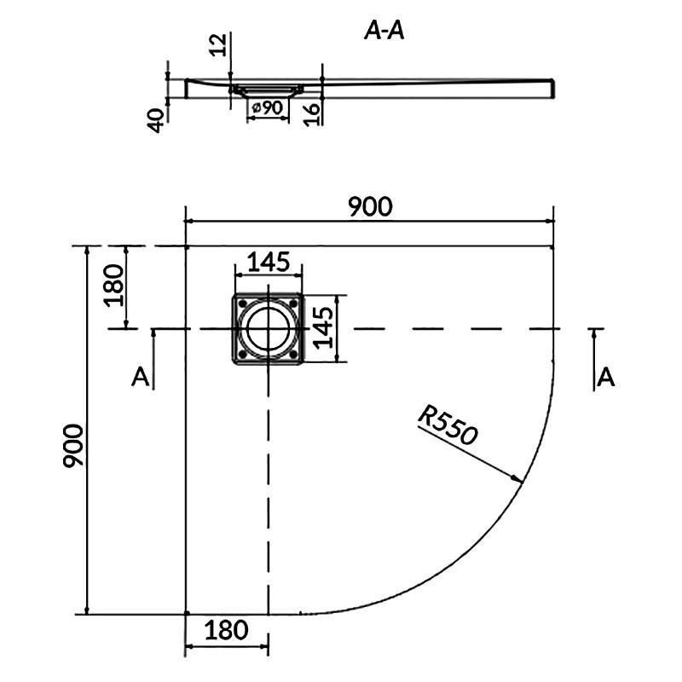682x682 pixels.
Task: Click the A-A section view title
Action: (384, 31)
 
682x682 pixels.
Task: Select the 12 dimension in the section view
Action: (219, 45)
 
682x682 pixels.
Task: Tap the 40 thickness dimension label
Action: (156, 120)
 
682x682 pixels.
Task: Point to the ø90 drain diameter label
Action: (268, 107)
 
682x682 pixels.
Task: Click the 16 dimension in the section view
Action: (312, 114)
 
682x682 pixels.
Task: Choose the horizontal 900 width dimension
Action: (370, 206)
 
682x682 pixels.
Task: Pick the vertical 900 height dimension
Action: (72, 446)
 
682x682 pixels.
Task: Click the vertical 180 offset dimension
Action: (114, 286)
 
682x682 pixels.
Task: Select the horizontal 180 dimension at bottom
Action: (226, 630)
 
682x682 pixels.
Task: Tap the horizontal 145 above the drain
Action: (269, 262)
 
